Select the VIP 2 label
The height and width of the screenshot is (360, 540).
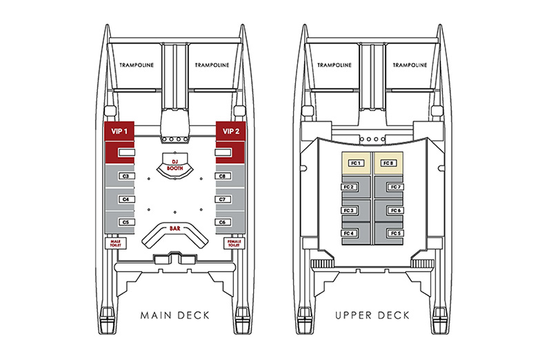(x=230, y=130)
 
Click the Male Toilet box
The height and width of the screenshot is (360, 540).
(x=114, y=243)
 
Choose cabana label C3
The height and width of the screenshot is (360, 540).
(x=125, y=177)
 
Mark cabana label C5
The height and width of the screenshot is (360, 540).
(x=125, y=222)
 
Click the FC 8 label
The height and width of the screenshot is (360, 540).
(x=389, y=163)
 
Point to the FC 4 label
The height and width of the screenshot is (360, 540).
(x=348, y=233)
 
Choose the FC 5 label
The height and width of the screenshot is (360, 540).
(x=395, y=233)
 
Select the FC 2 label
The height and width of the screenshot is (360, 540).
(x=348, y=187)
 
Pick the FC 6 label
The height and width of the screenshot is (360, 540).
(x=395, y=210)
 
